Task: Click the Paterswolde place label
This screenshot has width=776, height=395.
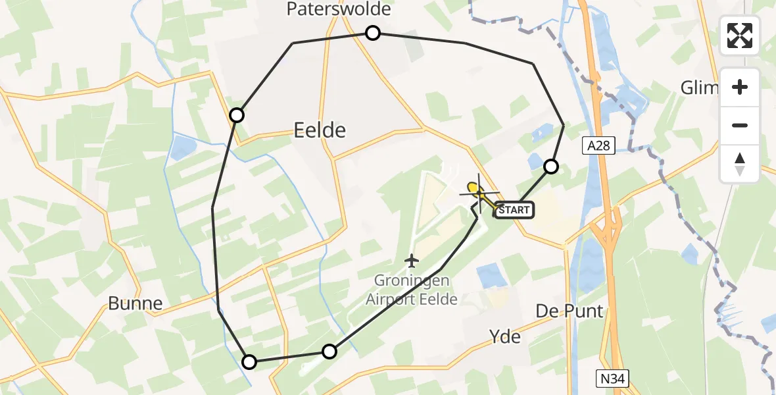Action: (x=339, y=9)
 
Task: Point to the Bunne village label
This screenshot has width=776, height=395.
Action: (x=136, y=303)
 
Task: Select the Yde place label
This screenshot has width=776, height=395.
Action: (x=505, y=336)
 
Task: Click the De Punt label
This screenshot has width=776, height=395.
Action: (x=570, y=311)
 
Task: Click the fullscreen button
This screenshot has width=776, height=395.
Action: (x=740, y=36)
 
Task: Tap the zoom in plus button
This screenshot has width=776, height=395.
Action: (x=740, y=87)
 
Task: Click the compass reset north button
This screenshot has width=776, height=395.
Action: (x=740, y=164)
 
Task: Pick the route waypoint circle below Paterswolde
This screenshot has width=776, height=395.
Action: (x=373, y=33)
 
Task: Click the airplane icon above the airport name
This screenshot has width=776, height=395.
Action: (x=412, y=261)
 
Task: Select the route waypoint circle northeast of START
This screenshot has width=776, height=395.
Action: (x=551, y=167)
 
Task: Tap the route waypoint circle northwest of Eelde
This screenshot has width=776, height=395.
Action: (x=237, y=116)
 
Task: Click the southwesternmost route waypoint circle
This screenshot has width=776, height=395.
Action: (x=249, y=361)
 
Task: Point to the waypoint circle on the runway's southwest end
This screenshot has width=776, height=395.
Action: (x=329, y=352)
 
